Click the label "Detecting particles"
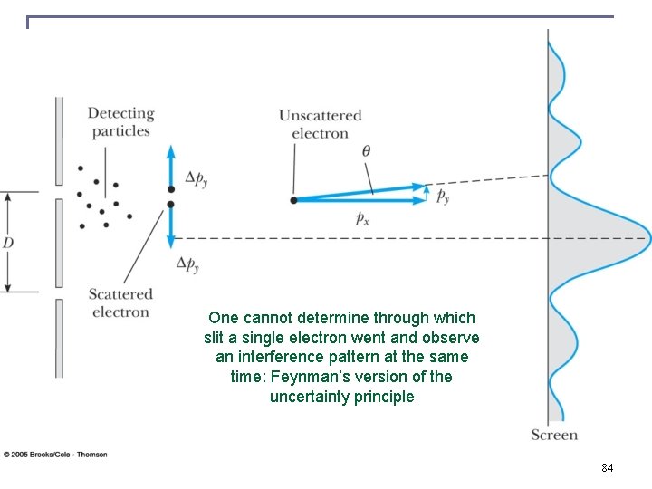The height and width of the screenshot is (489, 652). pyautogui.click(x=120, y=122)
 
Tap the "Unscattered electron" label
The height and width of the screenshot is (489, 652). pyautogui.click(x=320, y=124)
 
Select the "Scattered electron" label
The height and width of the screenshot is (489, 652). pyautogui.click(x=120, y=303)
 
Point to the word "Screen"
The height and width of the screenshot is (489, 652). pyautogui.click(x=554, y=436)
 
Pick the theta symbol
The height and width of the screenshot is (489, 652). pyautogui.click(x=366, y=151)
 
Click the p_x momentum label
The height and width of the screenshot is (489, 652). pyautogui.click(x=361, y=218)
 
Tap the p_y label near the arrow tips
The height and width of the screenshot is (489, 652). pyautogui.click(x=443, y=196)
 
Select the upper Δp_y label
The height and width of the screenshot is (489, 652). pyautogui.click(x=192, y=178)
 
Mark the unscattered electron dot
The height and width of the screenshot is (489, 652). pyautogui.click(x=293, y=199)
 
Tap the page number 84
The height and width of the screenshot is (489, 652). pyautogui.click(x=607, y=468)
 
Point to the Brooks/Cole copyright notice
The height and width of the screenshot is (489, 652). pyautogui.click(x=55, y=454)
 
